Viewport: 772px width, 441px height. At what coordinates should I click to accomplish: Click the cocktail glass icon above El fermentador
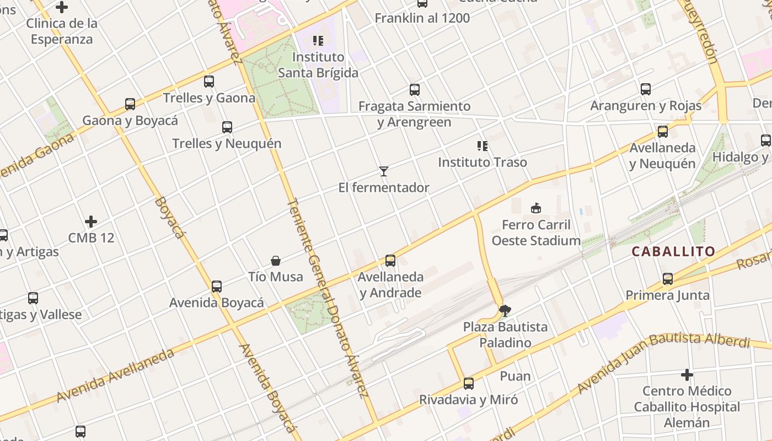[x=384, y=171]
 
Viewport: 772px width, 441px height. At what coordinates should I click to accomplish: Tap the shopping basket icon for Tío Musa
[x=276, y=261]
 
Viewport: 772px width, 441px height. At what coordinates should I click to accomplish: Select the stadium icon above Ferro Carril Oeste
[x=535, y=208]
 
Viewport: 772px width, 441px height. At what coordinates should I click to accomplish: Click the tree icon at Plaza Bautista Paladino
[x=505, y=311]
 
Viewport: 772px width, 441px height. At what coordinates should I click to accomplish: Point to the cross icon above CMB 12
[x=91, y=222]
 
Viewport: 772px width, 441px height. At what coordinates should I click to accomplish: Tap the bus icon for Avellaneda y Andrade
[x=390, y=261]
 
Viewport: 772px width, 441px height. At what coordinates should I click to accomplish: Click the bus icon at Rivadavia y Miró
[x=469, y=384]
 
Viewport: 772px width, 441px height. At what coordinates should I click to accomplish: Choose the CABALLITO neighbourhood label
[x=673, y=252]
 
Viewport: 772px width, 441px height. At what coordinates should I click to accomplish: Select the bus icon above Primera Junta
[x=668, y=279]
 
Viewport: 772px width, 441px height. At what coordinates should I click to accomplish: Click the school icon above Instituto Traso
[x=482, y=146]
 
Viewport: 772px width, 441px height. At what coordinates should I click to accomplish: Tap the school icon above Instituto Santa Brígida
[x=318, y=40]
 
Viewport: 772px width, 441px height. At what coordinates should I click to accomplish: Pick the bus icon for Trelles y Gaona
[x=209, y=82]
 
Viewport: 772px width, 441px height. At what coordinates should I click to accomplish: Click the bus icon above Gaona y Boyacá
[x=130, y=104]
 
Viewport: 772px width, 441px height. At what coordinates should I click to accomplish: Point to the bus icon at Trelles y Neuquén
[x=227, y=127]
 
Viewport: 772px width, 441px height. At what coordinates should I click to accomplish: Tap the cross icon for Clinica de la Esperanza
[x=62, y=7]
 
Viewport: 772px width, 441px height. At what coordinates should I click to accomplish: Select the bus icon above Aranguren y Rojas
[x=646, y=89]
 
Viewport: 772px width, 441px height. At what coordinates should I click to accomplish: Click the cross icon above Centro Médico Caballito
[x=687, y=375]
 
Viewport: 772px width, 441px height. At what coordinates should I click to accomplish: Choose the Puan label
[x=515, y=377]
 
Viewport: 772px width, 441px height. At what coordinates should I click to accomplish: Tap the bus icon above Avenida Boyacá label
[x=217, y=287]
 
